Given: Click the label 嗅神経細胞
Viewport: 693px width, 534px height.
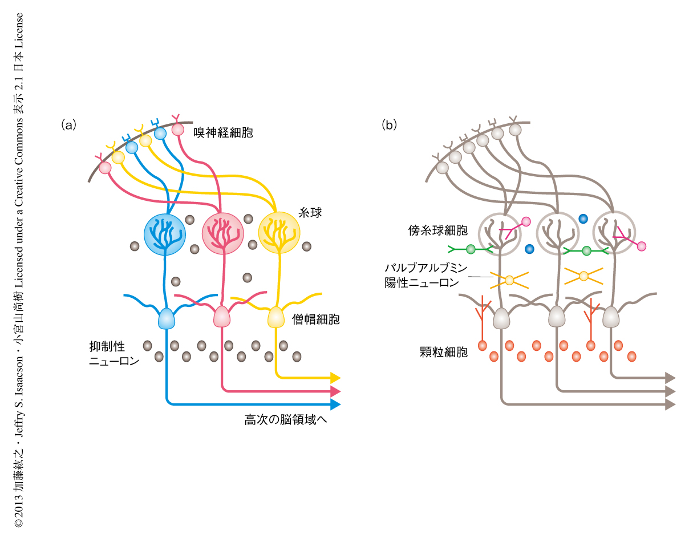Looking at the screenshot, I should [x=223, y=133].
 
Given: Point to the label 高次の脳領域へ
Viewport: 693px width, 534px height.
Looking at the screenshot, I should [x=287, y=420].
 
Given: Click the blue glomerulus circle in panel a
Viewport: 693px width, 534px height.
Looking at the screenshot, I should [x=165, y=234].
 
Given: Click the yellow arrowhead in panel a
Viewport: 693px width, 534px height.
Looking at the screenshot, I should [x=335, y=378].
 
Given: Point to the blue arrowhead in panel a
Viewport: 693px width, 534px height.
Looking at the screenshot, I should [x=335, y=404].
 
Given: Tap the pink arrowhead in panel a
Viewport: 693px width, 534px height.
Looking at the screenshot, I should [x=335, y=391].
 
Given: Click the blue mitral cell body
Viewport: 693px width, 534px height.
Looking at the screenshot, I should [x=166, y=318].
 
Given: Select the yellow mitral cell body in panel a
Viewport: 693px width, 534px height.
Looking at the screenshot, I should [x=276, y=317].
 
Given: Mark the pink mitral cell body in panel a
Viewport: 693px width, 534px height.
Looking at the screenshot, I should [x=221, y=317].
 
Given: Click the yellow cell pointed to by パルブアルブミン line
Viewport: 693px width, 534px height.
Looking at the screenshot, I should [x=509, y=280].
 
